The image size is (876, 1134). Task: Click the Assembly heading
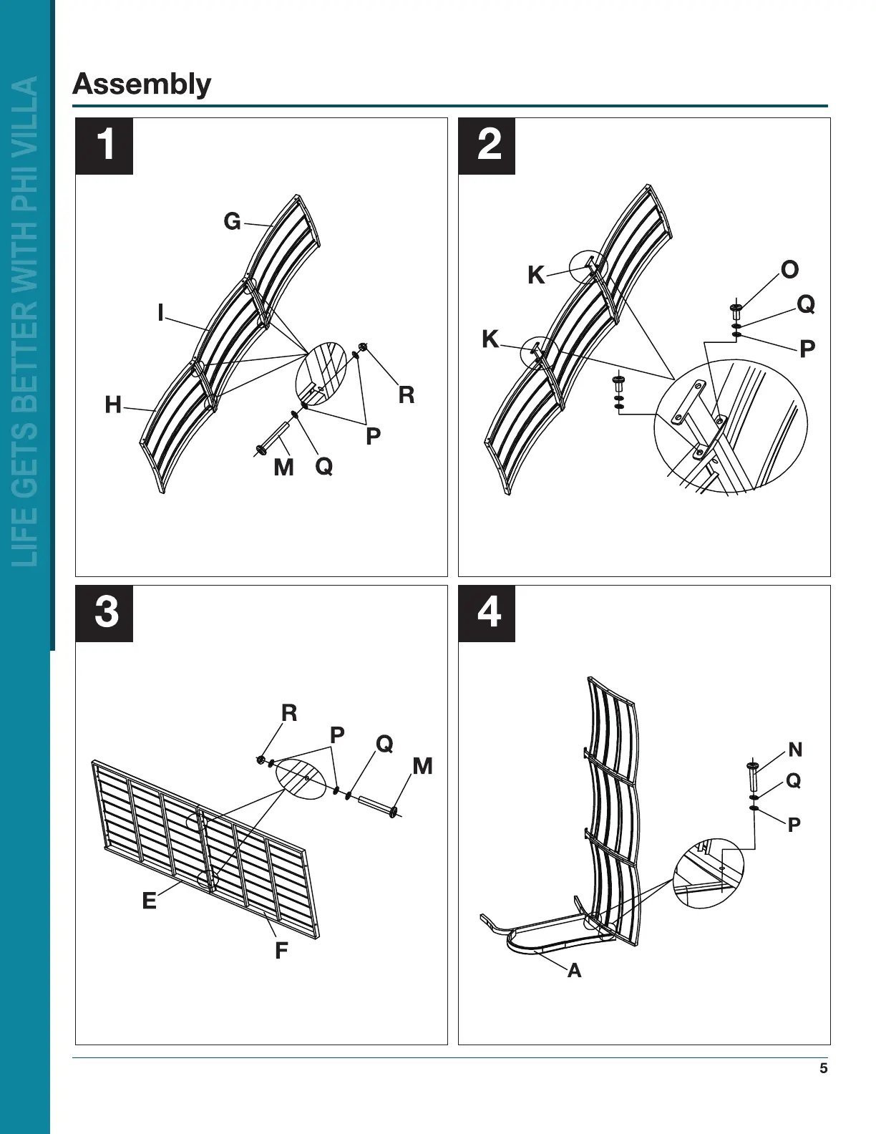point(142,84)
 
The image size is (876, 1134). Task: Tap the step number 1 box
point(104,146)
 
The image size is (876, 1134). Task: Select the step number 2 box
point(487,146)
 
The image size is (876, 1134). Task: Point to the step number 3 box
point(104,614)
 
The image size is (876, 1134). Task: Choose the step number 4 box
point(487,614)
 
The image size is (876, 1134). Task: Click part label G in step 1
point(232,222)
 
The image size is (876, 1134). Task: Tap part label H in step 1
point(113,405)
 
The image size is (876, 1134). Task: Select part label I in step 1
point(161,313)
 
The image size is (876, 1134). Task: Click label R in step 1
point(406,395)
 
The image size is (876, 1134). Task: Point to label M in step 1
point(283,467)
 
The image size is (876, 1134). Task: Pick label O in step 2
point(789,270)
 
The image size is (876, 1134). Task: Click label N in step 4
point(795,750)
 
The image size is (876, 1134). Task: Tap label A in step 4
point(574,971)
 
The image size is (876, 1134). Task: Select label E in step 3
point(149,901)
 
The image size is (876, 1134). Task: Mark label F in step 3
point(281,951)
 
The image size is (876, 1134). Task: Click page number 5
point(823,1069)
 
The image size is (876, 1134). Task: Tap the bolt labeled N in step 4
point(752,776)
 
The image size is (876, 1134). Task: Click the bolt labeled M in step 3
point(377,805)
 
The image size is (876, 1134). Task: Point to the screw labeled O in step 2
point(736,313)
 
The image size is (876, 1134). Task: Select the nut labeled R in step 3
point(261,759)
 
